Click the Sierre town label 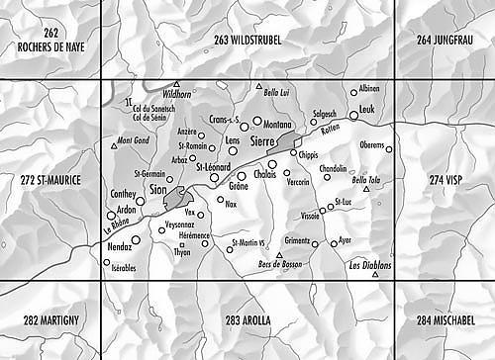[263, 141]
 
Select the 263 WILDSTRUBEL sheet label [248, 38]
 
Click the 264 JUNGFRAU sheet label [445, 38]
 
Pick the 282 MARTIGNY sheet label [50, 320]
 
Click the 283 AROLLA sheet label [248, 320]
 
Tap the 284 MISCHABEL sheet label [445, 320]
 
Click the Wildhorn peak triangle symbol [176, 85]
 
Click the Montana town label [278, 125]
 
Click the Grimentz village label [298, 240]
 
